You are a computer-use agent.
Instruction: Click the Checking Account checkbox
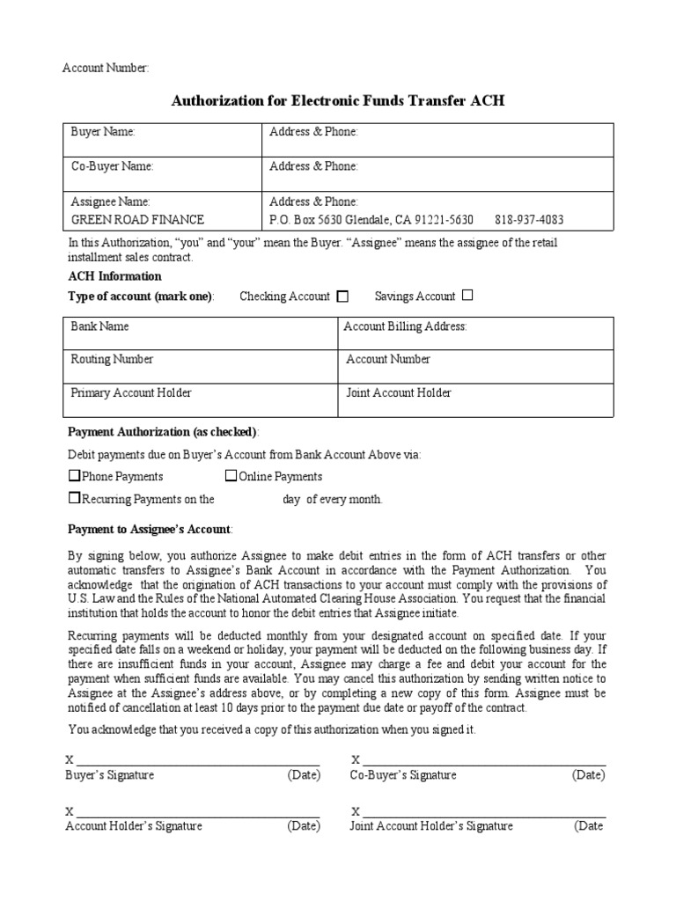[x=343, y=297]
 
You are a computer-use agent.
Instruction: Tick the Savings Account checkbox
[x=467, y=296]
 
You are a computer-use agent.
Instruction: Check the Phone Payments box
[x=75, y=476]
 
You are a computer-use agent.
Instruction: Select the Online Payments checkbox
[x=231, y=476]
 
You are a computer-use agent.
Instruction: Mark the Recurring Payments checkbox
[x=75, y=498]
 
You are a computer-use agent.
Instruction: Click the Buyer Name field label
[x=103, y=132]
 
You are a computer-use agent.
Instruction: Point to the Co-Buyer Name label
[x=112, y=166]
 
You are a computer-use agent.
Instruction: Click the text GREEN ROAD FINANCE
[x=137, y=219]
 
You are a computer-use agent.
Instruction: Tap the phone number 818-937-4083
[x=529, y=219]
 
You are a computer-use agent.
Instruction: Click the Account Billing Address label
[x=405, y=326]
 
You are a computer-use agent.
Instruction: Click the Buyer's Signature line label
[x=110, y=775]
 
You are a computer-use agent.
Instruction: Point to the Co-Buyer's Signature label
[x=403, y=775]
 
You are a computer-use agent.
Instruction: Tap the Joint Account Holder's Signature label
[x=431, y=826]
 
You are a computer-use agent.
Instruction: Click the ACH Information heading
[x=114, y=276]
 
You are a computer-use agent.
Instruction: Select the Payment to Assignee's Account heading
[x=150, y=529]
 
